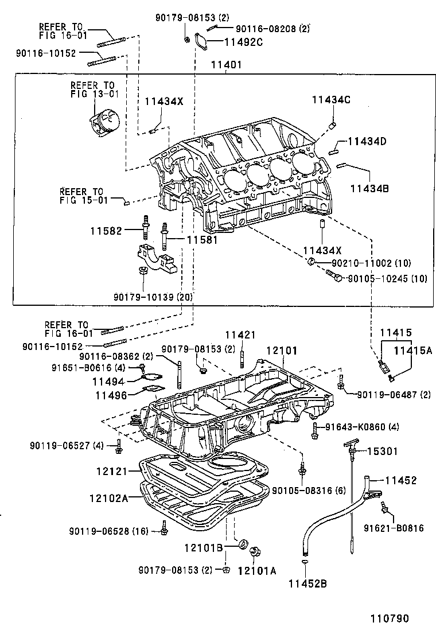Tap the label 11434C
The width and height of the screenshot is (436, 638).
click(x=331, y=100)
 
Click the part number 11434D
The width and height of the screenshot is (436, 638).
click(x=367, y=141)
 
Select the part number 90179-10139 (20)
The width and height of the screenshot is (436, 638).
click(x=153, y=296)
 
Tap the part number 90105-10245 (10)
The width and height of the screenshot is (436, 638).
click(x=388, y=279)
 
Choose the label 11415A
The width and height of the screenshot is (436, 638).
click(x=412, y=349)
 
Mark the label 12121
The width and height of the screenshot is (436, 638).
click(x=114, y=472)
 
